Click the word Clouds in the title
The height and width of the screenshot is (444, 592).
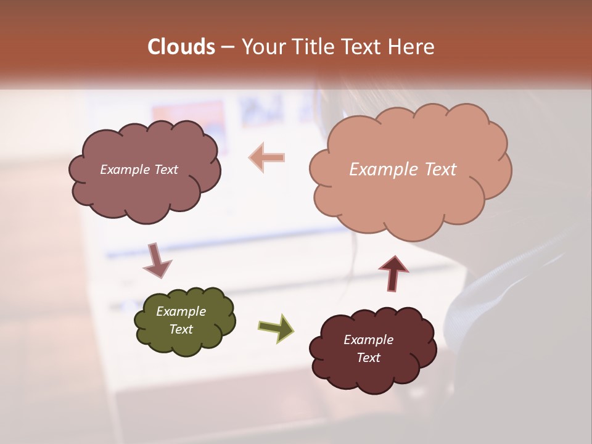point(181,47)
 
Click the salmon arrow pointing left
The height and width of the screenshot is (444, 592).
point(267,158)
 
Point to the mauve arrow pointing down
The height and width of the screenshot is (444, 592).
point(156,260)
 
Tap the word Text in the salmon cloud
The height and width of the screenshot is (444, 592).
point(440,170)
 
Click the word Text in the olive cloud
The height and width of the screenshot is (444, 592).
point(181,329)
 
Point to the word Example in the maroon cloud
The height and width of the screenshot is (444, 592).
point(368,340)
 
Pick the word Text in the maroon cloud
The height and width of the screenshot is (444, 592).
point(368,358)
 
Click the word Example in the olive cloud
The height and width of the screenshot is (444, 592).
point(181,311)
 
